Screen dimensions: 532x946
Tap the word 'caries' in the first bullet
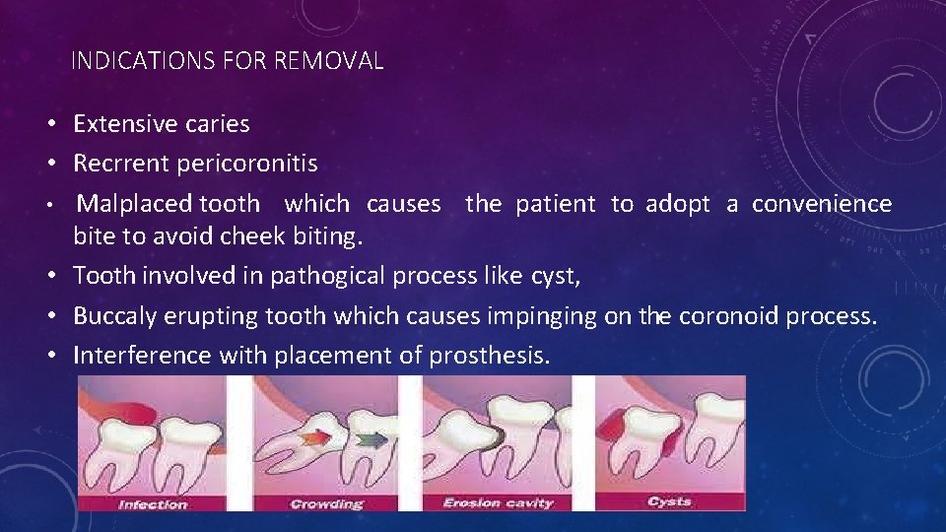click(x=216, y=124)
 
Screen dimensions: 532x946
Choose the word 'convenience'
click(x=822, y=204)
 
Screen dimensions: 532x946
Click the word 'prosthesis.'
click(x=490, y=355)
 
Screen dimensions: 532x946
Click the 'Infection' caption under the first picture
click(x=153, y=503)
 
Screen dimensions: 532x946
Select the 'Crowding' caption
click(x=326, y=503)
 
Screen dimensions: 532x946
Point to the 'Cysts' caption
click(x=669, y=501)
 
